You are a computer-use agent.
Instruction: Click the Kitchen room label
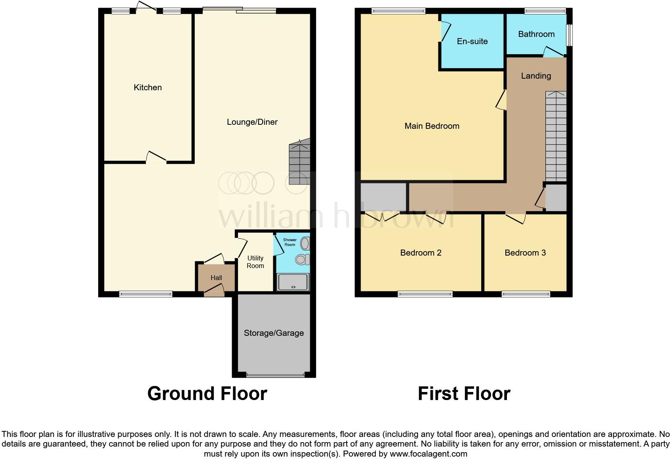pyautogui.click(x=147, y=87)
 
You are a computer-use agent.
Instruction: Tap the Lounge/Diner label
pyautogui.click(x=252, y=122)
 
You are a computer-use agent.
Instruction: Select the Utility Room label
pyautogui.click(x=255, y=262)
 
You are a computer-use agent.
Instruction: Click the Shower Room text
pyautogui.click(x=290, y=242)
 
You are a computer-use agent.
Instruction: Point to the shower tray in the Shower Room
pyautogui.click(x=293, y=282)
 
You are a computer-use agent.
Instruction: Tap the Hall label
pyautogui.click(x=216, y=278)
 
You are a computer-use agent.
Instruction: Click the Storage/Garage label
pyautogui.click(x=274, y=333)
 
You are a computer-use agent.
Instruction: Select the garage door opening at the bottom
pyautogui.click(x=275, y=376)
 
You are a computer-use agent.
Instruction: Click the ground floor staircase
pyautogui.click(x=300, y=162)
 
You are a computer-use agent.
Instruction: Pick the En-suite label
pyautogui.click(x=472, y=41)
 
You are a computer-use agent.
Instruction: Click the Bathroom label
pyautogui.click(x=536, y=34)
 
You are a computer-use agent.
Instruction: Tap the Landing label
pyautogui.click(x=536, y=76)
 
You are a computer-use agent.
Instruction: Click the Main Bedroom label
pyautogui.click(x=432, y=126)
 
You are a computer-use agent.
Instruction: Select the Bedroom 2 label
pyautogui.click(x=421, y=253)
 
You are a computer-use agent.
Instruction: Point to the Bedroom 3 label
pyautogui.click(x=525, y=253)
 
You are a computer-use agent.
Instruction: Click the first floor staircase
pyautogui.click(x=556, y=136)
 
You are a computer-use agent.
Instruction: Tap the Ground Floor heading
pyautogui.click(x=207, y=394)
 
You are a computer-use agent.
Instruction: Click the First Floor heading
pyautogui.click(x=464, y=394)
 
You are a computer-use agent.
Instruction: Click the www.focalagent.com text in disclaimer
pyautogui.click(x=428, y=454)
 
